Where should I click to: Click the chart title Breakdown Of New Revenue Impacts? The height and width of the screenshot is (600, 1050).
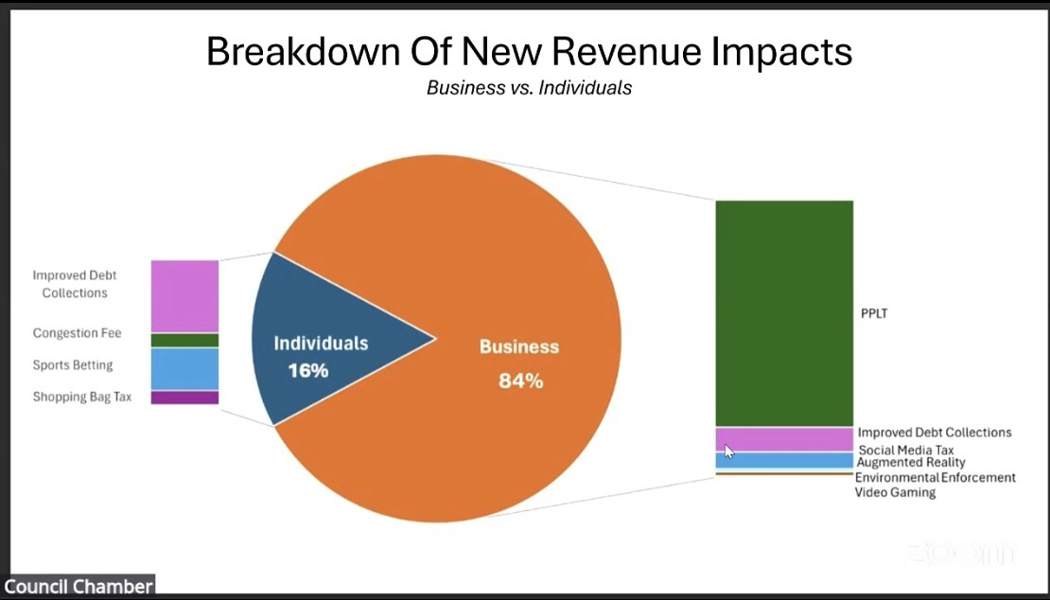coord(529,52)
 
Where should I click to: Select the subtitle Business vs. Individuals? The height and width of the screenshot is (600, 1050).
coord(529,88)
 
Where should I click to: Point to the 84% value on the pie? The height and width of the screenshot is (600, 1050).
coord(520,381)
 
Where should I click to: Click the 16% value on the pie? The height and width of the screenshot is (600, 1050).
coord(307,370)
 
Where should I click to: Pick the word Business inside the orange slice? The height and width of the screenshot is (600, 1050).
coord(518,346)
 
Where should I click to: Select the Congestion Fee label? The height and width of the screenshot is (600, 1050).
coord(77,333)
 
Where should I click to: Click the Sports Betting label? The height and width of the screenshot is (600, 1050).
coord(73,365)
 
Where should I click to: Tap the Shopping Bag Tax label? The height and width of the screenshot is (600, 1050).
coord(82,397)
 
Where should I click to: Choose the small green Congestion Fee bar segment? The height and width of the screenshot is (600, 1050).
coord(184,341)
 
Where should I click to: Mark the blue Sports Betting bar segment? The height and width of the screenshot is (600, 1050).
coord(184,369)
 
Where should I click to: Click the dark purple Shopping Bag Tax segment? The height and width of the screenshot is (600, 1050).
coord(184,397)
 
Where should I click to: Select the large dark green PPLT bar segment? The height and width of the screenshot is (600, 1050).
coord(783,312)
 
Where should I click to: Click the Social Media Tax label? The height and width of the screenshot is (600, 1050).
coord(905,450)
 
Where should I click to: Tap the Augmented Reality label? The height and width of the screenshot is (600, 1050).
coord(911,463)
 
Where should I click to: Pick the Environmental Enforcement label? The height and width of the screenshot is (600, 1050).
coord(935,478)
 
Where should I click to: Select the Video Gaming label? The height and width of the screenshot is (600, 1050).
coord(895,492)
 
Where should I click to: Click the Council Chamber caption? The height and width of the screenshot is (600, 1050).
coord(78,587)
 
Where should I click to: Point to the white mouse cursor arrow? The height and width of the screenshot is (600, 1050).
coord(728,451)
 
